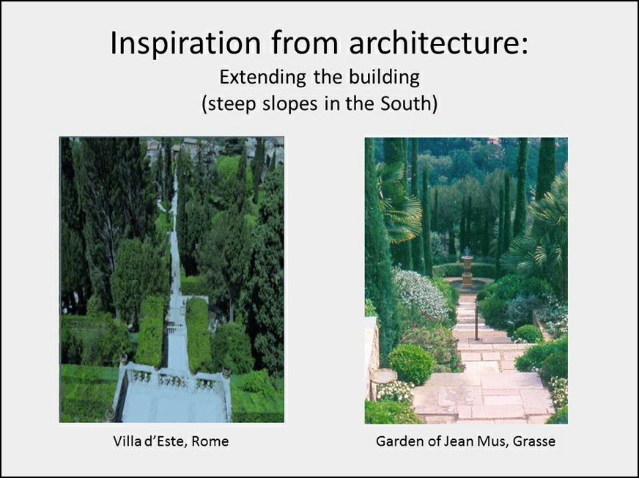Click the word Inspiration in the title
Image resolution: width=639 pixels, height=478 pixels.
click(x=185, y=43)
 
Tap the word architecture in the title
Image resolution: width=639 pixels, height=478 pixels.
click(x=438, y=43)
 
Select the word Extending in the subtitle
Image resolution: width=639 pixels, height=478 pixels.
click(x=263, y=78)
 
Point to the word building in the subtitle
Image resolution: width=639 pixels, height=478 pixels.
click(x=384, y=78)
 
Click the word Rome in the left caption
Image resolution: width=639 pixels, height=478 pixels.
click(x=210, y=441)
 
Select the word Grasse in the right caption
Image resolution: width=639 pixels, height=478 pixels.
click(x=534, y=441)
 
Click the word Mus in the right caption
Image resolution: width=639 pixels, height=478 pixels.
click(x=492, y=441)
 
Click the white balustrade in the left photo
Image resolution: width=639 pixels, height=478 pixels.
click(x=172, y=378)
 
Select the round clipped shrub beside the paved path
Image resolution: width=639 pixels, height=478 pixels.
click(x=411, y=364)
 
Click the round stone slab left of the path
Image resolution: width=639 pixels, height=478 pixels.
click(x=383, y=375)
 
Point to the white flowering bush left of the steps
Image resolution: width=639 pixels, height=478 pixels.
click(x=420, y=291)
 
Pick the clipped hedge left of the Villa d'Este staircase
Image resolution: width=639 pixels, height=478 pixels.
click(x=151, y=331)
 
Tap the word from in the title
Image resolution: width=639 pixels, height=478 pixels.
click(x=305, y=43)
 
